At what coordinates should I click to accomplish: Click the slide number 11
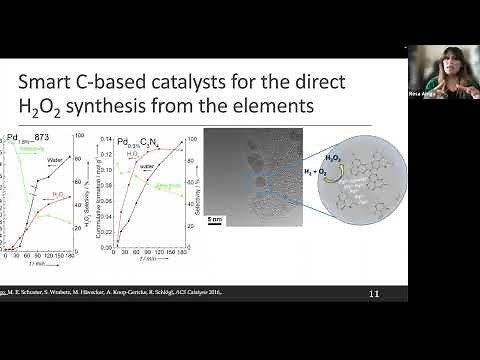pyautogui.click(x=374, y=294)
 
